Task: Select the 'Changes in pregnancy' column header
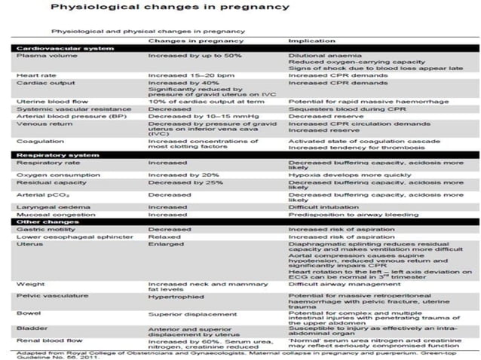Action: [185, 40]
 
